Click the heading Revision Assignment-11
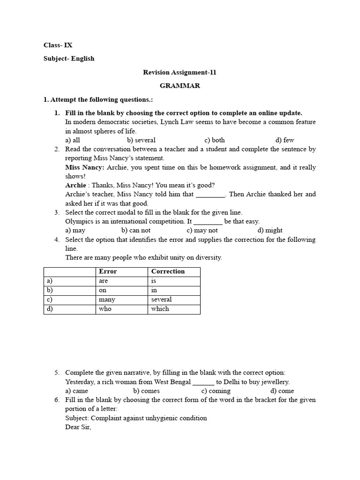180,72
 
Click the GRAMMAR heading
180,86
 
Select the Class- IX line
58,45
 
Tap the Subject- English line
69,59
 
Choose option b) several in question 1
141,140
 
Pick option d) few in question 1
285,140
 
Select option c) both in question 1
214,140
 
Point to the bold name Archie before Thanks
75,185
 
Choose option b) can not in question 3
135,231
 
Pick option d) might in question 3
270,231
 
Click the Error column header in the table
108,271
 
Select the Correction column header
168,271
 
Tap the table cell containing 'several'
161,300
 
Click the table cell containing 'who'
105,309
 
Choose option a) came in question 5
76,391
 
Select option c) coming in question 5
216,391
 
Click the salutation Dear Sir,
78,427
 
